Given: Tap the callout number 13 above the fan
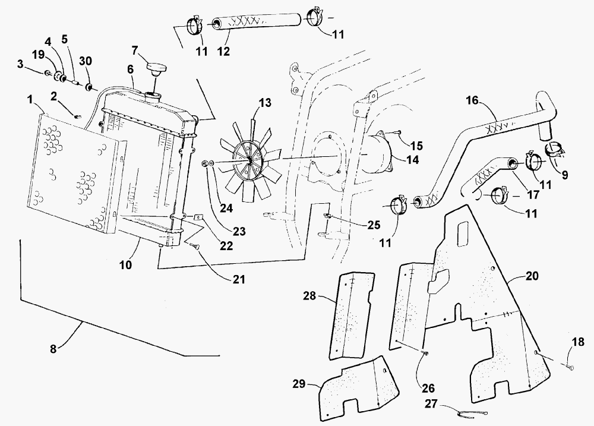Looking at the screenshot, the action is pyautogui.click(x=265, y=103).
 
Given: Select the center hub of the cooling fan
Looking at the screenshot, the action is pyautogui.click(x=251, y=160).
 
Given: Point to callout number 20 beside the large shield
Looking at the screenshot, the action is pyautogui.click(x=532, y=276).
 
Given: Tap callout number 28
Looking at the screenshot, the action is pyautogui.click(x=309, y=296).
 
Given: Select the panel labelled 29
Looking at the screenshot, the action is pyautogui.click(x=359, y=388).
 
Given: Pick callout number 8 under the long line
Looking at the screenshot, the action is pyautogui.click(x=53, y=349).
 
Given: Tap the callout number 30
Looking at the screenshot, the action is pyautogui.click(x=86, y=61).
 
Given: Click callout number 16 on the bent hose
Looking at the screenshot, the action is pyautogui.click(x=472, y=100).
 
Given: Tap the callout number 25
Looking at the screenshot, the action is pyautogui.click(x=374, y=225).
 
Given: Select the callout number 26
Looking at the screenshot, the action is pyautogui.click(x=428, y=388).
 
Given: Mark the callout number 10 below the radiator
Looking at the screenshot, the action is pyautogui.click(x=125, y=264).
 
